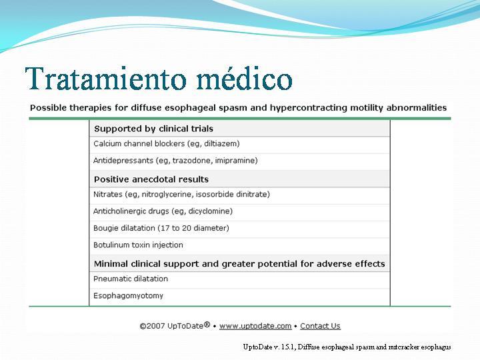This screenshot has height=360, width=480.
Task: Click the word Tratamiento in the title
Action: coord(105,79)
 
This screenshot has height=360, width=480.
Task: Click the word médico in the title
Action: coord(244,78)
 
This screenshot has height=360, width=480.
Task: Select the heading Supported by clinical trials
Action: coord(153,129)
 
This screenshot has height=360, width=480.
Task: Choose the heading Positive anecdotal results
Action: coord(151,179)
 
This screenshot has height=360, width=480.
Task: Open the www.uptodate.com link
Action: coord(255,326)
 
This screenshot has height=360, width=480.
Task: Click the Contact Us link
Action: coord(320,326)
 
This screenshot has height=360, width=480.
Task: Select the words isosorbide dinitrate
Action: coord(231,195)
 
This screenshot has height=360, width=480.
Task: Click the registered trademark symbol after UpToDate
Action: coord(207,324)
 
